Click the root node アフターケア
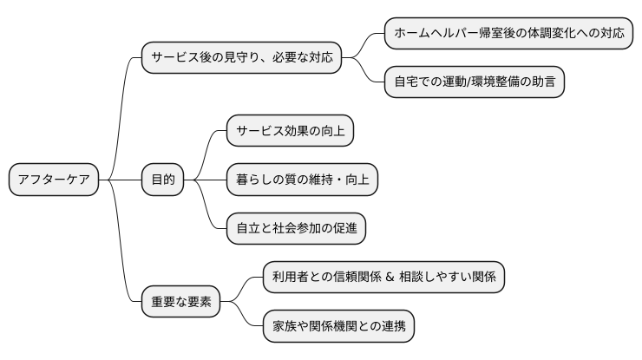53,180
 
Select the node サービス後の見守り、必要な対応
240,58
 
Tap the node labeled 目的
163,180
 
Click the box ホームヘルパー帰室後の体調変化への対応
508,34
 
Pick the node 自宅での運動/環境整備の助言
475,82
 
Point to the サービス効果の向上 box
291,131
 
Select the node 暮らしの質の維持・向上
302,180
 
